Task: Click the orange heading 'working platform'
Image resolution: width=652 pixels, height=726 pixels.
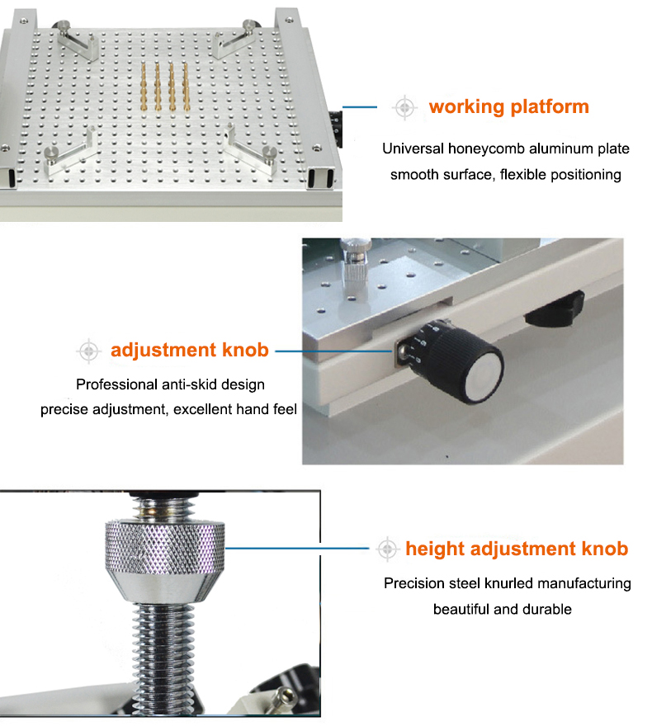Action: coord(509,107)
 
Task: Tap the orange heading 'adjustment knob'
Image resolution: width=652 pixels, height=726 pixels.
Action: coord(189,350)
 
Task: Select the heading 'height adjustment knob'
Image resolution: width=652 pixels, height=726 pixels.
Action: coord(517,549)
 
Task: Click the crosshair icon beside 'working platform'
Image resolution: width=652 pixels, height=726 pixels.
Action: coord(404,107)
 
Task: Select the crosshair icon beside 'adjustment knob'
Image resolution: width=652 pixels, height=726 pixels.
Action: coord(88,351)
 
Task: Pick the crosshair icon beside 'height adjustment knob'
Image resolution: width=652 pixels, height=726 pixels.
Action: coord(387,549)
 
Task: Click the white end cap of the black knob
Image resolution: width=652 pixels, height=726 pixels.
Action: coord(484,382)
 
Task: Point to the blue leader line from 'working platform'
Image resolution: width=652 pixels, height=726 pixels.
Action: coord(360,107)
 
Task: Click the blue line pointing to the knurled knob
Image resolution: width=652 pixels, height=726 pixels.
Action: coord(297,549)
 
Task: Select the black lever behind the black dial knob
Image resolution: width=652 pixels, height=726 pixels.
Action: coord(555,308)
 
